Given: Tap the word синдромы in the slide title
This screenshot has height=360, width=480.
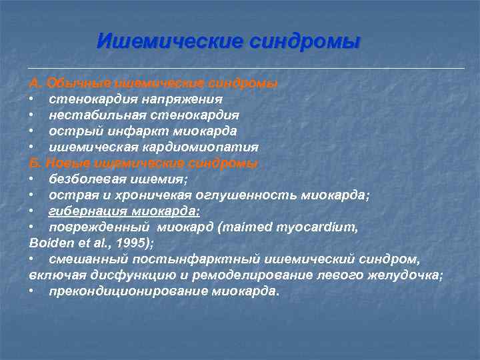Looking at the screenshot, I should pos(305,41).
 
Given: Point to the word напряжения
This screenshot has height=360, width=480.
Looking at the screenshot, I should pos(181,99).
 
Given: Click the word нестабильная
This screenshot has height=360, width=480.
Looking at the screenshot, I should pos(91,115).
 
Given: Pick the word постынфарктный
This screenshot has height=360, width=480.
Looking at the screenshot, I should pos(177,259).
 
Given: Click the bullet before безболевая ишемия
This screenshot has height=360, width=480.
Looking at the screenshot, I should pos(32,179).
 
